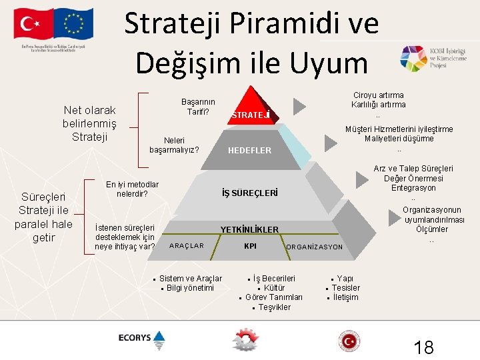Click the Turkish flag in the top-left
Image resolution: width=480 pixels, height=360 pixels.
click(35, 24)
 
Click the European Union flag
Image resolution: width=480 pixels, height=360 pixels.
click(73, 24)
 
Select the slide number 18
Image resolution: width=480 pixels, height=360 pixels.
click(423, 347)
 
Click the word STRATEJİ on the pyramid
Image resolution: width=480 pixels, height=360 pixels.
click(251, 115)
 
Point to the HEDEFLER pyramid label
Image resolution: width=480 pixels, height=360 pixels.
click(250, 151)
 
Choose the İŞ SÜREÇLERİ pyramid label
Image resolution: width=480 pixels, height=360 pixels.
click(249, 193)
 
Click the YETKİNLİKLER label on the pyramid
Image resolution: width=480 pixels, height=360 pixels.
click(249, 230)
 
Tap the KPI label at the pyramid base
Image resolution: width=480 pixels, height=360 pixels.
click(251, 246)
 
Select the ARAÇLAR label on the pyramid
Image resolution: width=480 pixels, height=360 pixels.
click(187, 246)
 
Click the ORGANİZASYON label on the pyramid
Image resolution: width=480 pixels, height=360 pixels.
click(314, 247)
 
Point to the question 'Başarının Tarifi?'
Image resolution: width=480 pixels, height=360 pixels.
click(198, 107)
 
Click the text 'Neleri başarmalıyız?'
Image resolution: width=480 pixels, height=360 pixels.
click(174, 145)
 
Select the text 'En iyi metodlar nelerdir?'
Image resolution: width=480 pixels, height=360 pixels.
click(132, 189)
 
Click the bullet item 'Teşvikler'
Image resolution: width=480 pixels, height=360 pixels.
click(274, 307)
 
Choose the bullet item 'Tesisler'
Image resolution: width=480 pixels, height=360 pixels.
click(345, 288)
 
